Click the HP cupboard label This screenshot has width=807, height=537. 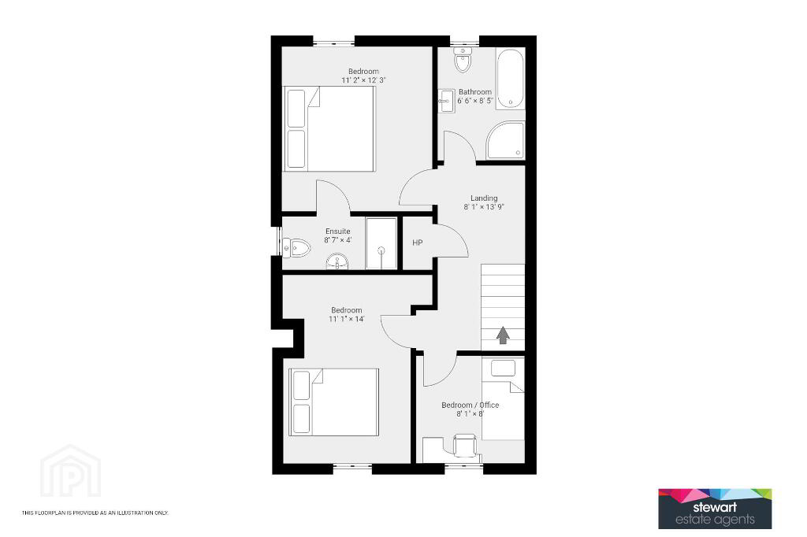[x=418, y=243]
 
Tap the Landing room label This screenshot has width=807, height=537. [x=484, y=198]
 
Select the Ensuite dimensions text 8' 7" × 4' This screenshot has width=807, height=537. [x=337, y=240]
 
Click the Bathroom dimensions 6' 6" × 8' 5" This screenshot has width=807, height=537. [x=475, y=101]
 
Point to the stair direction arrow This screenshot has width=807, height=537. [x=503, y=335]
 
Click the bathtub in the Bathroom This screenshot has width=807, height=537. [x=511, y=78]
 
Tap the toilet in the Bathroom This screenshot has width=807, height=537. [x=463, y=60]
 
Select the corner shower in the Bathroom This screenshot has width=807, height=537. [x=505, y=140]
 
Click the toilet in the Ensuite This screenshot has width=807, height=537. [x=296, y=248]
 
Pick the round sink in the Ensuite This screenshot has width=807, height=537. [x=337, y=262]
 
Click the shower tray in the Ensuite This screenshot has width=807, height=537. [x=381, y=243]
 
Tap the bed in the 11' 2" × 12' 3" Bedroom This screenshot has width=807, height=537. [x=330, y=128]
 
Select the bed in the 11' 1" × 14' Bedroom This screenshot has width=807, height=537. [x=334, y=402]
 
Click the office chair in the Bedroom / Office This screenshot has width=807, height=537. [x=465, y=446]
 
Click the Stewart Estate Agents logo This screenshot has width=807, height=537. [x=715, y=509]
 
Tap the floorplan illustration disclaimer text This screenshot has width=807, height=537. [x=95, y=513]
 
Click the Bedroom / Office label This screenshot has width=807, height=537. [x=470, y=405]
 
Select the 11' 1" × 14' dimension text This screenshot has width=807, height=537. [x=347, y=319]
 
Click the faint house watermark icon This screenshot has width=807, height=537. [x=70, y=471]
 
